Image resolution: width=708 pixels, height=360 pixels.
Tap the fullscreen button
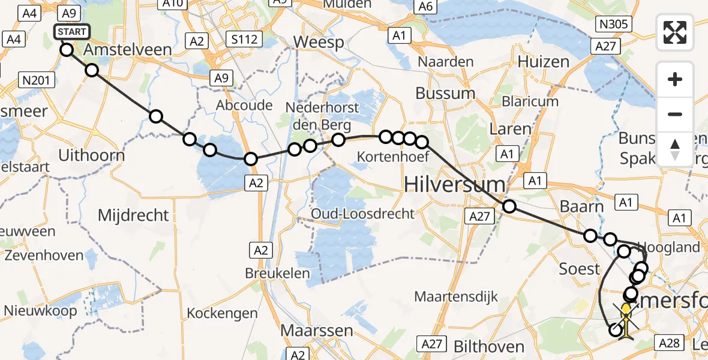(675, 32)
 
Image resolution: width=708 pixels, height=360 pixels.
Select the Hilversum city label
(454, 184)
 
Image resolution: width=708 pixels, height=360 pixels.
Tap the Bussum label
(445, 93)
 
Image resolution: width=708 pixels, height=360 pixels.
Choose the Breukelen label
(277, 273)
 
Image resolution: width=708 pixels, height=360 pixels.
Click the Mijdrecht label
(133, 214)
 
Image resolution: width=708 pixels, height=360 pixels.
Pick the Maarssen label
(310, 330)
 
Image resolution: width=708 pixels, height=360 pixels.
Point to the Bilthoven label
(481, 346)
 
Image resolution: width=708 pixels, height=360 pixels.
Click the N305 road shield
(613, 24)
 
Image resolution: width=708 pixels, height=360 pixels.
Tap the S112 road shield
(244, 40)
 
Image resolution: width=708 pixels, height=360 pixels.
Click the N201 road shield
(37, 79)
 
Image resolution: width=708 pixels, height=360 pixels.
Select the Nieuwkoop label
(40, 310)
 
